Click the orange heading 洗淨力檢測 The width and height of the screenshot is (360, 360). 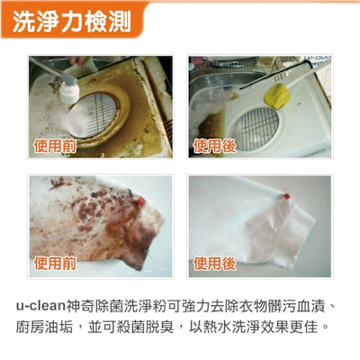coord(72,22)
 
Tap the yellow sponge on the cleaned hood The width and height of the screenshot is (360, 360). coord(276,95)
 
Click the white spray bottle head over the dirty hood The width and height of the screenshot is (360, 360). coord(69,93)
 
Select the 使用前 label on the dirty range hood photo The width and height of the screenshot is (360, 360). coord(55,146)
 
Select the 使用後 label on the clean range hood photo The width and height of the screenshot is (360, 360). coord(214,146)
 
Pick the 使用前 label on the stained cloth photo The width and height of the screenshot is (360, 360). coord(55,264)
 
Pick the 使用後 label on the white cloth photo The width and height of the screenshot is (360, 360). coord(214,264)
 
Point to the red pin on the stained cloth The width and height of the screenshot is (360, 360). coord(140,202)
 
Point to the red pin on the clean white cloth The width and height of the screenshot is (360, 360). coord(286,196)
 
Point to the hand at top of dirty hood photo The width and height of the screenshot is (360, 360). coord(78,60)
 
